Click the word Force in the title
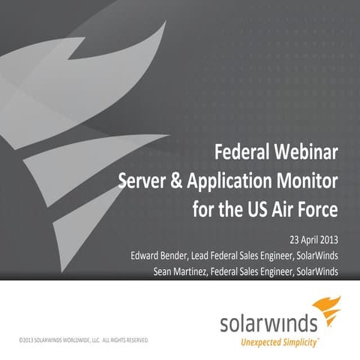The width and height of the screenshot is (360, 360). [319, 206]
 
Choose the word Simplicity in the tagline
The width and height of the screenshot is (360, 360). [304, 343]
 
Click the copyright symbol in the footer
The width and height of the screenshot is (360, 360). [21, 340]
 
